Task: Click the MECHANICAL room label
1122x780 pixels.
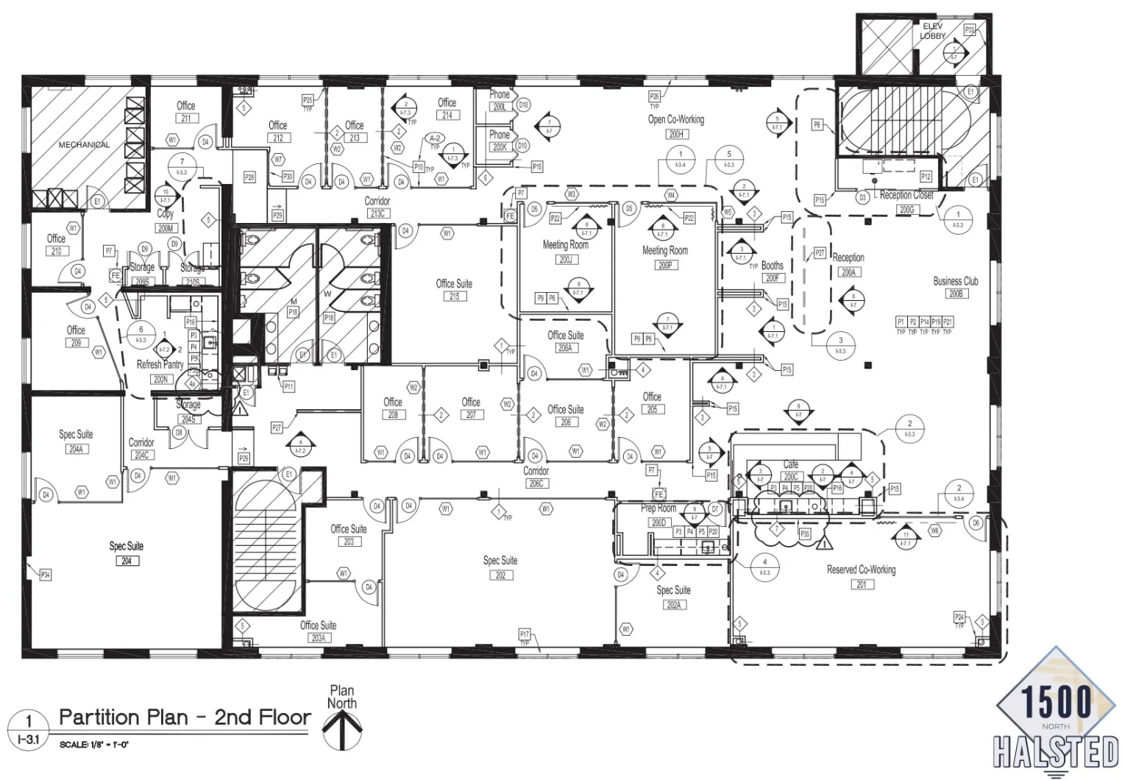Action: [x=84, y=145]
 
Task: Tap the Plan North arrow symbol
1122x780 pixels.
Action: [x=342, y=729]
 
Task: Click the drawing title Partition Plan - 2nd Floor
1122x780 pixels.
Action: [x=185, y=717]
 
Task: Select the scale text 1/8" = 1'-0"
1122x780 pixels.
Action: [x=94, y=744]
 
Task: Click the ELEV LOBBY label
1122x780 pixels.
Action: [x=932, y=31]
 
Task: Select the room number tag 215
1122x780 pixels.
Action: [x=454, y=297]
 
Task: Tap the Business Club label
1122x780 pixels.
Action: [x=955, y=281]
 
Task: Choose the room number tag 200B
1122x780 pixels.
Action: [x=955, y=294]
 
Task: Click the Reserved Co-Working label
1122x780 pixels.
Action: [x=861, y=570]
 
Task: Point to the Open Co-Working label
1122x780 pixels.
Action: [x=675, y=119]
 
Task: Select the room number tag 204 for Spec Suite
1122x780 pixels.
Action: [x=126, y=561]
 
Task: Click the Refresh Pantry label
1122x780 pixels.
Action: [x=160, y=365]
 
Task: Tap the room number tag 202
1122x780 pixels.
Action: [x=500, y=575]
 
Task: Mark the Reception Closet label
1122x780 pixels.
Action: [x=906, y=196]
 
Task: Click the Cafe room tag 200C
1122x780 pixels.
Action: [x=790, y=476]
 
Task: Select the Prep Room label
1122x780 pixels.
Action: [x=658, y=508]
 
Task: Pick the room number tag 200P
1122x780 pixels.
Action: [x=664, y=265]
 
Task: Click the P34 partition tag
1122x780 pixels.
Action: [x=46, y=575]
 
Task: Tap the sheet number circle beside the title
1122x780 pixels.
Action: [x=29, y=729]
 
